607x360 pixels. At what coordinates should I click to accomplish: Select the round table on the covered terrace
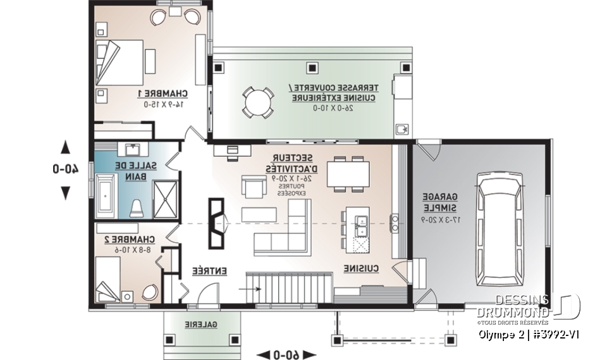click(258, 101)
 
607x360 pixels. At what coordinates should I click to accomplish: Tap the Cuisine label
click(361, 269)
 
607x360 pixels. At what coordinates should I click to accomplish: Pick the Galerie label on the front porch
click(200, 324)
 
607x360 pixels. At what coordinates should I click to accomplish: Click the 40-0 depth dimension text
click(65, 170)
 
